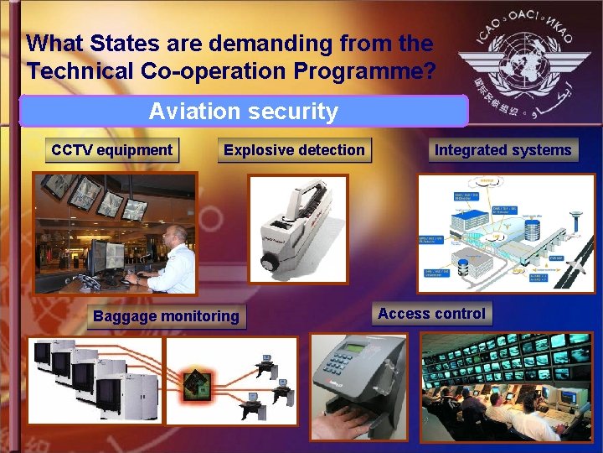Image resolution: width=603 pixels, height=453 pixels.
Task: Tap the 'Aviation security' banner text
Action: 243,111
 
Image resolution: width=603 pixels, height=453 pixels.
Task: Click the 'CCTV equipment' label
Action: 111,150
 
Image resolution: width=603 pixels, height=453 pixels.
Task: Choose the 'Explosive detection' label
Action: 294,150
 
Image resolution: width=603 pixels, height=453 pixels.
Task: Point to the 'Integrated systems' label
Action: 502,150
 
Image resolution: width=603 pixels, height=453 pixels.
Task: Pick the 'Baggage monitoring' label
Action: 166,316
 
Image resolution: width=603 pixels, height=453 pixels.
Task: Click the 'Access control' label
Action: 431,314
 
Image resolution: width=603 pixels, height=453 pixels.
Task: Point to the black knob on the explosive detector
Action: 271,263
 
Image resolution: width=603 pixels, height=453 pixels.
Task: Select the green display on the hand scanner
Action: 355,347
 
